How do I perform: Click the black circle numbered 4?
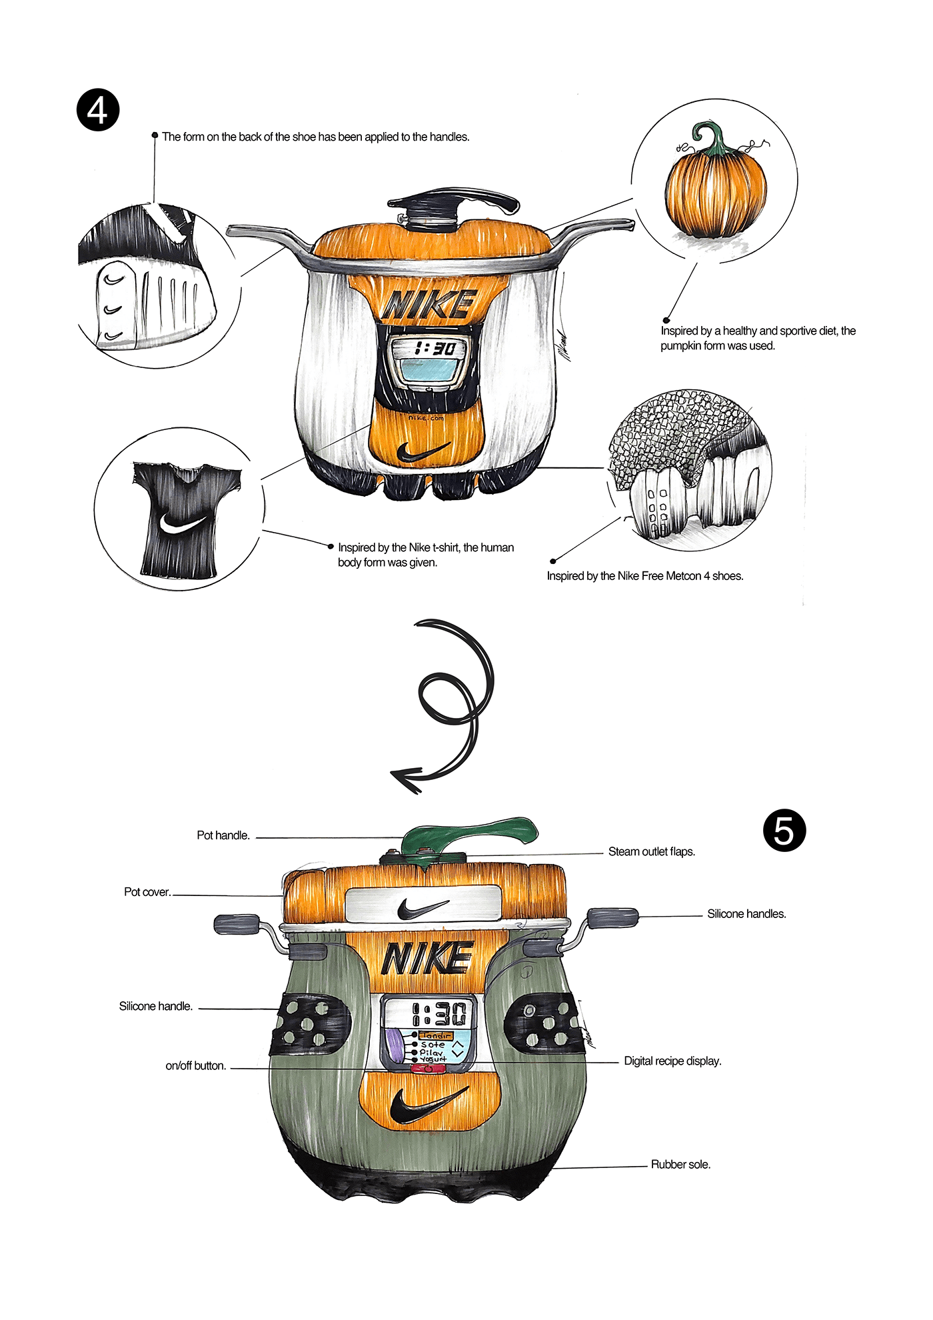pos(98,110)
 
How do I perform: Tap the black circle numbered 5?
pos(784,831)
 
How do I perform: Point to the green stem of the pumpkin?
pos(714,137)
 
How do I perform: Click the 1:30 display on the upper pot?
pos(434,348)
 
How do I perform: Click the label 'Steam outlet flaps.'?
pos(651,851)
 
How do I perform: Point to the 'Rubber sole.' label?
pos(680,1164)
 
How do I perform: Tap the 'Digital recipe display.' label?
pos(672,1061)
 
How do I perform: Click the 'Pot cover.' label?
pos(147,892)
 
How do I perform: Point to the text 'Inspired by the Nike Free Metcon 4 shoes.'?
pos(644,576)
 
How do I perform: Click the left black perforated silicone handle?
pos(309,1023)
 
